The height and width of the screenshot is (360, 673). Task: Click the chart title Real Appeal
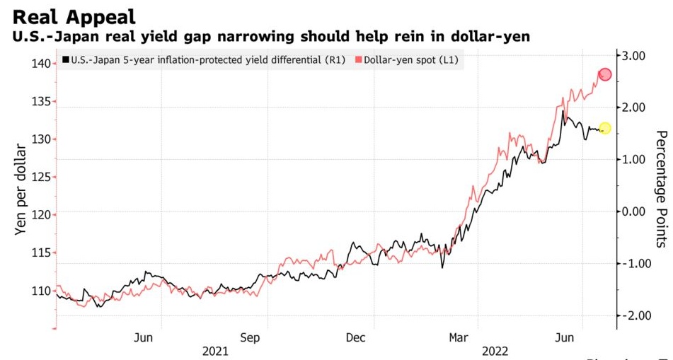pos(74,16)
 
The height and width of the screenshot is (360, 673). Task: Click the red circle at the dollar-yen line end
pos(605,75)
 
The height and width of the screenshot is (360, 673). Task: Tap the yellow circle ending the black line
pos(604,128)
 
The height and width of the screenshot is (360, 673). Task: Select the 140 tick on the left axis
pos(40,64)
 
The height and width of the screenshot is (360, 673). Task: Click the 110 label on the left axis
pos(40,290)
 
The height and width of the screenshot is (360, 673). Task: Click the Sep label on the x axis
pos(250,337)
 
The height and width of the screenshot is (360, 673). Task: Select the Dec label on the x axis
pos(355,337)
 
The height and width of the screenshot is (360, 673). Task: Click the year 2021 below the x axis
pos(215,352)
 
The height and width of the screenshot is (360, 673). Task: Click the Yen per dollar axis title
pos(21,190)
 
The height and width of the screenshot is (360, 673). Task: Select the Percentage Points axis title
pos(662,189)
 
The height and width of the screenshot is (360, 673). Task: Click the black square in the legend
pos(66,61)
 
